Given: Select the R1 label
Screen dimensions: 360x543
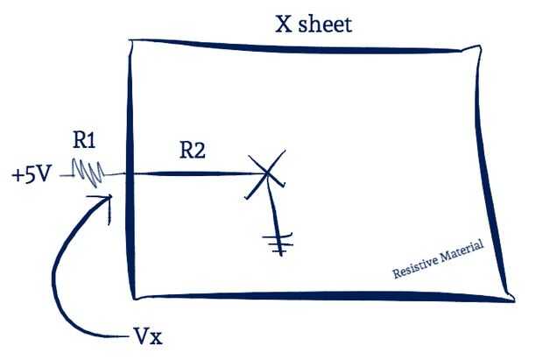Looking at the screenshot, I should [x=86, y=139].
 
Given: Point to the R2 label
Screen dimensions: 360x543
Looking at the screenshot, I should [x=193, y=150].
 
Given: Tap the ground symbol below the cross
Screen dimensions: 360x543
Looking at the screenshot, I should [x=279, y=244].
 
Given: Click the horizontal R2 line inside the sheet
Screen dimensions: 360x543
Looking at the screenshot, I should [x=193, y=173].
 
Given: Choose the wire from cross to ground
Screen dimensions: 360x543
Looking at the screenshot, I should [x=274, y=210].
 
